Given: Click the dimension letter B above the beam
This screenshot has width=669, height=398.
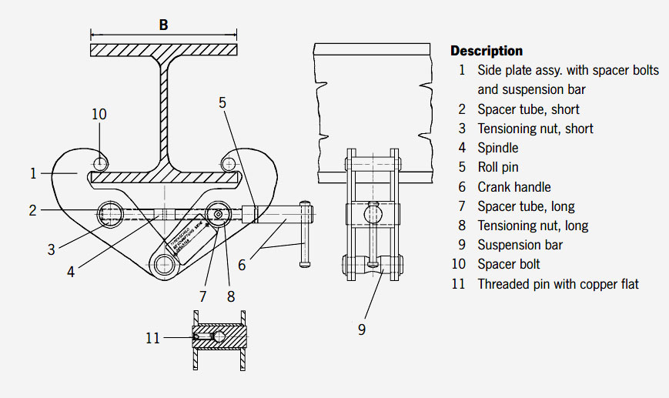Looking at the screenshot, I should click(x=163, y=25).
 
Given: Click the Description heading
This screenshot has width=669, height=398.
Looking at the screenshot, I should click(x=486, y=51).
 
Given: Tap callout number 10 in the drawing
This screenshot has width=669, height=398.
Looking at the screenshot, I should click(x=99, y=114).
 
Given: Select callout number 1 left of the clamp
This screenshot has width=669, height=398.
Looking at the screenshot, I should click(x=33, y=173).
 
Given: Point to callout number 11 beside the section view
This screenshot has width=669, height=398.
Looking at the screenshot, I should click(x=153, y=337).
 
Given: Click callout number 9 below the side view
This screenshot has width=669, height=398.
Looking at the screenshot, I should click(x=362, y=329).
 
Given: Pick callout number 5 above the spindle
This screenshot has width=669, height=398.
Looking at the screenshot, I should click(x=222, y=102).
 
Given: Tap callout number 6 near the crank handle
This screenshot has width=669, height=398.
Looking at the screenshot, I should click(x=242, y=264).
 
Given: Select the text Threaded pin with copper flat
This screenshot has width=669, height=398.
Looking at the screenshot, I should click(x=558, y=284).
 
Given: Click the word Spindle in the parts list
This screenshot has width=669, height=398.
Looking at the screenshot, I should click(x=498, y=148).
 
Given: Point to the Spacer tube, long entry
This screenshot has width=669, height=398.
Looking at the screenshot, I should click(x=526, y=206).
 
